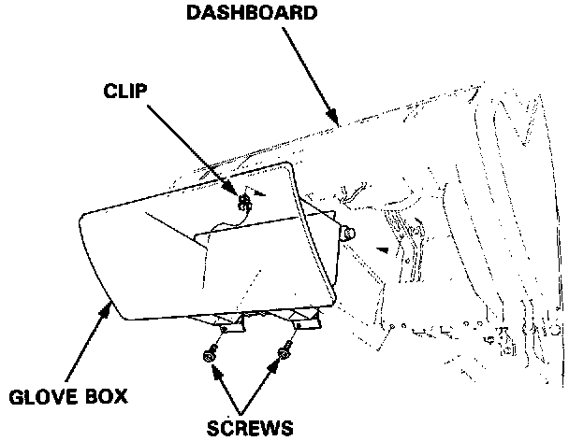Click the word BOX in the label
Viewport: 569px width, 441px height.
101,396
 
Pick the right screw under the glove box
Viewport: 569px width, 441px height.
284,351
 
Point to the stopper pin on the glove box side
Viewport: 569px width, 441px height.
350,234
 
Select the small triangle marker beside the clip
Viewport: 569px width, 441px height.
261,193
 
